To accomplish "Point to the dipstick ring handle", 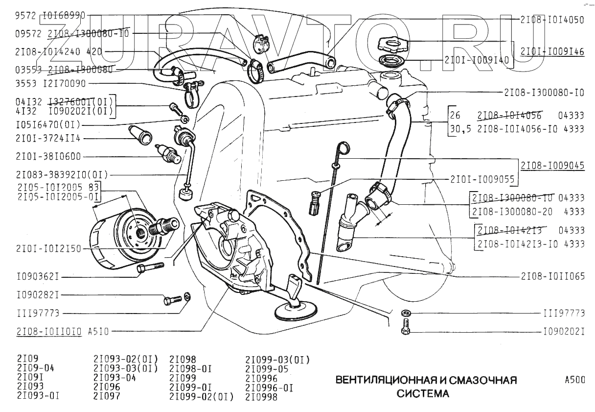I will point(343,147).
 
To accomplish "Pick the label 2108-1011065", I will point(552,276).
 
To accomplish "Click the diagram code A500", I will point(574,380).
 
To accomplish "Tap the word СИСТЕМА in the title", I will point(422,393).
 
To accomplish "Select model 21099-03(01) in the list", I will point(277,360).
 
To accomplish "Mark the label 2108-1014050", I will point(551,20).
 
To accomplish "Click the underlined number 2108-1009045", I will point(552,166).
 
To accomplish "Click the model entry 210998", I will point(261,397).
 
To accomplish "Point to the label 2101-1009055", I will point(482,180).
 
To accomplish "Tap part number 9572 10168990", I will point(50,15).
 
